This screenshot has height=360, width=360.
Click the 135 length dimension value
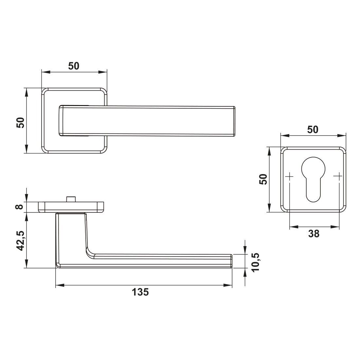(x=140, y=292)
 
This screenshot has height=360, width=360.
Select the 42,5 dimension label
(x=20, y=241)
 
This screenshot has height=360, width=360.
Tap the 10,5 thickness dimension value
(x=256, y=263)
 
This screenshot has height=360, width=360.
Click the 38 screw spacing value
(x=314, y=234)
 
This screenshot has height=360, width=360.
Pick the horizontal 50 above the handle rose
(x=74, y=66)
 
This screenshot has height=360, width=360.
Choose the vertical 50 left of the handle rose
(x=20, y=123)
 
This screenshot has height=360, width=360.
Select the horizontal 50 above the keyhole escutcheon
(x=313, y=130)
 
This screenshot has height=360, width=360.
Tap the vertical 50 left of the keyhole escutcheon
(x=263, y=179)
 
